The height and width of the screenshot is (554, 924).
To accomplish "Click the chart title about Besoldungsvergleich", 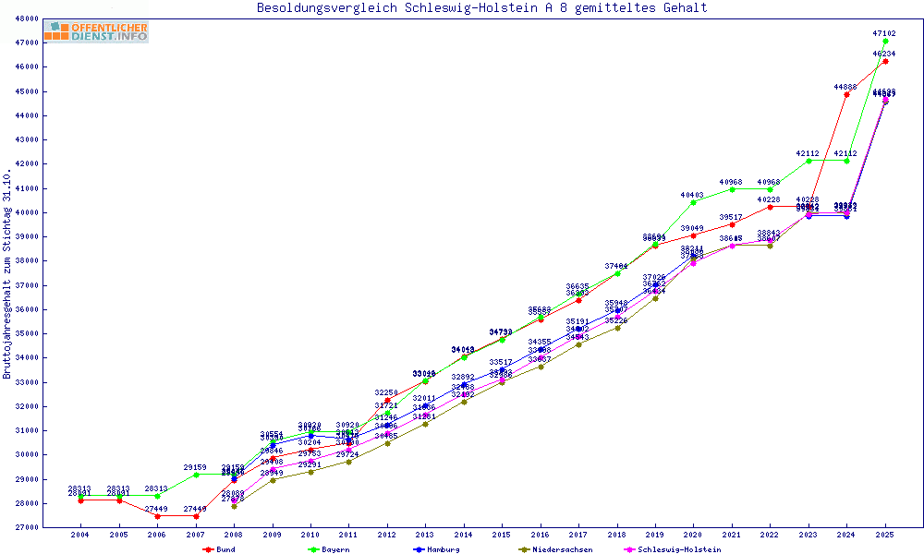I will (x=481, y=7).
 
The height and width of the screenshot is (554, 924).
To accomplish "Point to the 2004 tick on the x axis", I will (x=80, y=535).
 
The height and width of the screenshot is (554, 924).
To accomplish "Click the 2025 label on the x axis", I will (x=885, y=535).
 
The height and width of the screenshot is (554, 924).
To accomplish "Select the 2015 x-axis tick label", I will (x=502, y=535).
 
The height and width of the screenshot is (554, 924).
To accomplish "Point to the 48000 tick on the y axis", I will (x=27, y=18).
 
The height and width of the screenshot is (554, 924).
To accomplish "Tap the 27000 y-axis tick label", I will (x=27, y=527).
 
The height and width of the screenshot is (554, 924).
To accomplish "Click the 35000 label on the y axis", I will (x=27, y=333).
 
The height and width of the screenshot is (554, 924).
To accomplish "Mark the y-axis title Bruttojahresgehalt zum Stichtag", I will (x=7, y=274).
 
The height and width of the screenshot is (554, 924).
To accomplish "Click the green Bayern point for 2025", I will (x=885, y=41).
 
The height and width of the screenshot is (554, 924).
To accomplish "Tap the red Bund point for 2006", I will (x=157, y=516).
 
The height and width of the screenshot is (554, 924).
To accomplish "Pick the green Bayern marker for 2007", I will (x=195, y=475).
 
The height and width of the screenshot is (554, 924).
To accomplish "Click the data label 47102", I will (x=884, y=32).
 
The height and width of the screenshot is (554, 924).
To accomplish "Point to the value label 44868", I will (x=845, y=86).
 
